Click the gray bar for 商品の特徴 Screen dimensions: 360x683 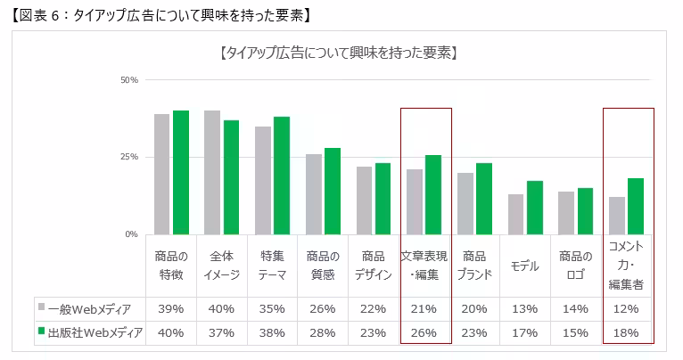point(161,174)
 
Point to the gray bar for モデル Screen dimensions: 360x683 point(515,214)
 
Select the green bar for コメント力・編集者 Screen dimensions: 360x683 point(635,206)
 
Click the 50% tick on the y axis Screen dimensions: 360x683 point(128,80)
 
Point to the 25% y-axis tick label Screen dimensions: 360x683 point(128,157)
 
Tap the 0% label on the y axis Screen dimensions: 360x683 point(131,234)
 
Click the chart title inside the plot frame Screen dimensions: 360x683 point(338,53)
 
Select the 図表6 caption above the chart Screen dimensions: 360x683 point(156,14)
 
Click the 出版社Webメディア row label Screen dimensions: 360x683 point(89,332)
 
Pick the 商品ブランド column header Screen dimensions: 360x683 point(474,265)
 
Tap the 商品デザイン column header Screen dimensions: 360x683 point(374,265)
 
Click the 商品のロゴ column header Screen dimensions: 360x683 point(575,265)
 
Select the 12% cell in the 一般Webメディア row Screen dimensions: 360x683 point(626,309)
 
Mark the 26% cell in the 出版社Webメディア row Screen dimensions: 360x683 point(424,332)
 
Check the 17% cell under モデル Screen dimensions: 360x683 point(525,332)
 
